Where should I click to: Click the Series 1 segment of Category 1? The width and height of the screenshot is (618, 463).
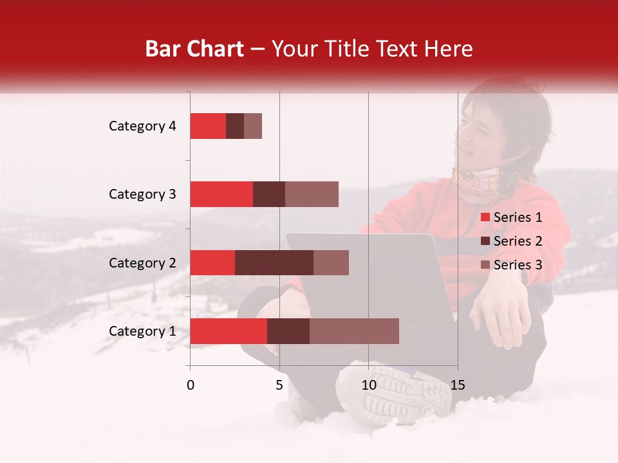(x=229, y=331)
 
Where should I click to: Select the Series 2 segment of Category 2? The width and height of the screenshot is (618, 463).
(x=274, y=262)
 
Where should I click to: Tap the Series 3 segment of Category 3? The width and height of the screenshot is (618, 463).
(x=312, y=194)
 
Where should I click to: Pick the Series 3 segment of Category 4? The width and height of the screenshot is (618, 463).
(x=253, y=126)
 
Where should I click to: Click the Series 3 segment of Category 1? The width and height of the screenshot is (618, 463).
(x=354, y=331)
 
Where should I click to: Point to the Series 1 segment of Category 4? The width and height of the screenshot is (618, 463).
(x=208, y=126)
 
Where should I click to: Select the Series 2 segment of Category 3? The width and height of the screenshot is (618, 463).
(x=269, y=194)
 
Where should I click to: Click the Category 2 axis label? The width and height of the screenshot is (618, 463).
(x=142, y=263)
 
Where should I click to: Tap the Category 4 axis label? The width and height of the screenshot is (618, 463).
(x=142, y=126)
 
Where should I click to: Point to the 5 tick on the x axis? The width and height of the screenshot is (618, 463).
(x=279, y=385)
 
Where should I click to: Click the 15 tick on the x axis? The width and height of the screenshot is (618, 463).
(x=457, y=385)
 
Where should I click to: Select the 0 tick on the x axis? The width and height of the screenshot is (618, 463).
(x=191, y=385)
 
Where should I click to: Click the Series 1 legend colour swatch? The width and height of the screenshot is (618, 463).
(x=485, y=217)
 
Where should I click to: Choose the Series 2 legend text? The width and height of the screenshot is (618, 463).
(x=518, y=241)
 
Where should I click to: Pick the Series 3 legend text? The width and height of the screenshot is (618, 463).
(x=518, y=265)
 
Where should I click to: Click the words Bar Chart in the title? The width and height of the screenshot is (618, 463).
(x=194, y=49)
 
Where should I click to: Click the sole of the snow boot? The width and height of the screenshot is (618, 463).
(x=393, y=392)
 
